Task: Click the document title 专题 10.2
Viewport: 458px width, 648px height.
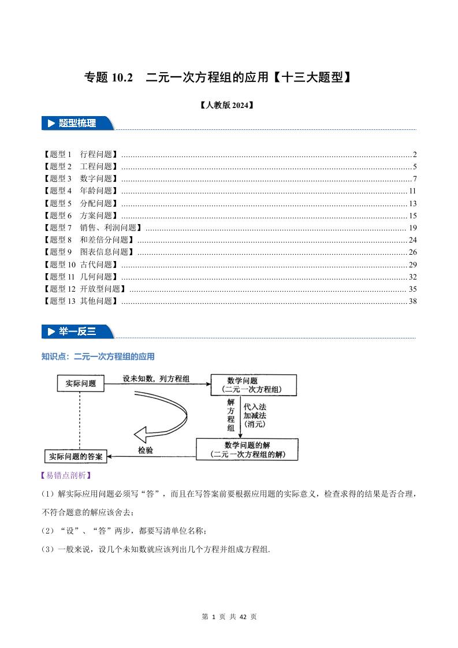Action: tap(109, 77)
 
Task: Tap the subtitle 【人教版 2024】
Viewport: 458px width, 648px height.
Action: tap(226, 105)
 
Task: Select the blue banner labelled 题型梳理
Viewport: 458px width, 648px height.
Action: tap(78, 123)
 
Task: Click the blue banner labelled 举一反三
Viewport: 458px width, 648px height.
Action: tap(78, 332)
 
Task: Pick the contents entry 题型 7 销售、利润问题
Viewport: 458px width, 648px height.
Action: tap(92, 228)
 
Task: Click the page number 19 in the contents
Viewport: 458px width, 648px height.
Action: tap(412, 228)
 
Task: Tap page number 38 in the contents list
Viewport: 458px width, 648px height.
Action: tap(412, 301)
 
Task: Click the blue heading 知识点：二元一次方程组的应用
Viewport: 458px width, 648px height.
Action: tap(98, 357)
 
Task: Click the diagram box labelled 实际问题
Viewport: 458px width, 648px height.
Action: tap(81, 383)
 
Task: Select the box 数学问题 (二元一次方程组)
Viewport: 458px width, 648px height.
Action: tap(254, 385)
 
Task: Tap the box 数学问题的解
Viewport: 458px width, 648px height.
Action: tap(247, 450)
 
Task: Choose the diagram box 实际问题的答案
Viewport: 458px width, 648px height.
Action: tap(75, 457)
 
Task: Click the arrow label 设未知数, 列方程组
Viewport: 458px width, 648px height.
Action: tap(157, 378)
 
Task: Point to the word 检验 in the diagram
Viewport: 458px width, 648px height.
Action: tap(145, 450)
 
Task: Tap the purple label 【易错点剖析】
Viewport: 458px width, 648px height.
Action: tap(66, 476)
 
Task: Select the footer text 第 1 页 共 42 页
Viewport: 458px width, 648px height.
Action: tap(229, 617)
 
